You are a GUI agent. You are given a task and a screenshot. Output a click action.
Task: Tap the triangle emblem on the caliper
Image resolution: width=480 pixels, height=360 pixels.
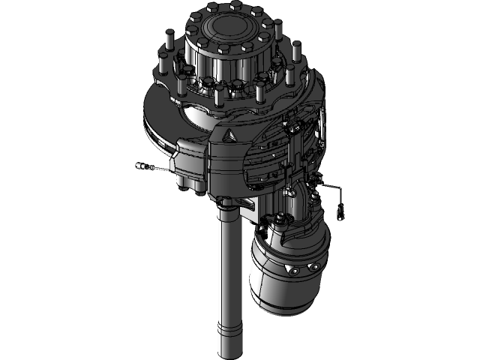229,136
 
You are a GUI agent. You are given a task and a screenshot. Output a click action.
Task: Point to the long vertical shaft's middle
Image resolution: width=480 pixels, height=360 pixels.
229,277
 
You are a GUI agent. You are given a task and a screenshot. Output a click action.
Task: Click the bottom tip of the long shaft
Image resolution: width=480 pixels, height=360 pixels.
229,352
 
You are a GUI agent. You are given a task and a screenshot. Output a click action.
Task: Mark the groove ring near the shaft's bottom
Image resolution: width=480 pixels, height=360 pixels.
229,328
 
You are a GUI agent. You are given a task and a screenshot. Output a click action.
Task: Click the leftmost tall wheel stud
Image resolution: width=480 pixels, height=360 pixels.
170,37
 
